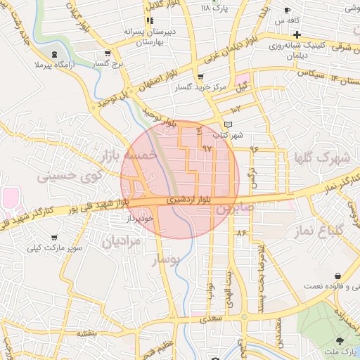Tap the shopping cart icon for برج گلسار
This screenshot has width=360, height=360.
point(107,53)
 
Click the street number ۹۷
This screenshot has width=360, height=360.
point(207,149)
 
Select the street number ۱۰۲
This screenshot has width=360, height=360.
point(235,110)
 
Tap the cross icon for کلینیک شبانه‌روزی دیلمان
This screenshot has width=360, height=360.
point(297,34)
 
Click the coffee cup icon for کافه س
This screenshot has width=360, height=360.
point(288,9)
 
